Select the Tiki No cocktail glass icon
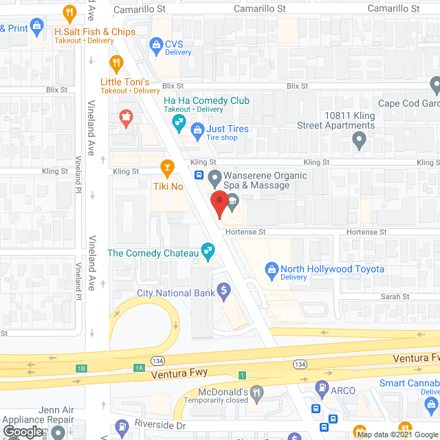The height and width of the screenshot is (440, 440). pos(166,166)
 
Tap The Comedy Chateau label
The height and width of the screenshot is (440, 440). pos(153,253)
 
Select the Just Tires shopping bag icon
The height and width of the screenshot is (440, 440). pos(197,129)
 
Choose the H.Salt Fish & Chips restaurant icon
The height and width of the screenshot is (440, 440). pos(69,12)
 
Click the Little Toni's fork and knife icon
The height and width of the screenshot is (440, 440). pos(116,64)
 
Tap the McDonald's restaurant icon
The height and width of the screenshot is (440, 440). pos(256,393)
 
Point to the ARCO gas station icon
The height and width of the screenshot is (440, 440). pos(320,390)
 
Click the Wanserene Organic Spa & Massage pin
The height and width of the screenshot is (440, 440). pos(214,178)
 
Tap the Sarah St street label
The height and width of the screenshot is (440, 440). pos(395,297)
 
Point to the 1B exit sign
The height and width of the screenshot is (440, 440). pos(81,368)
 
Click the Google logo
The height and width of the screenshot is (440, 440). pos(23,431)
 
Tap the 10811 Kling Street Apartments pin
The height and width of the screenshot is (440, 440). pos(359,142)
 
